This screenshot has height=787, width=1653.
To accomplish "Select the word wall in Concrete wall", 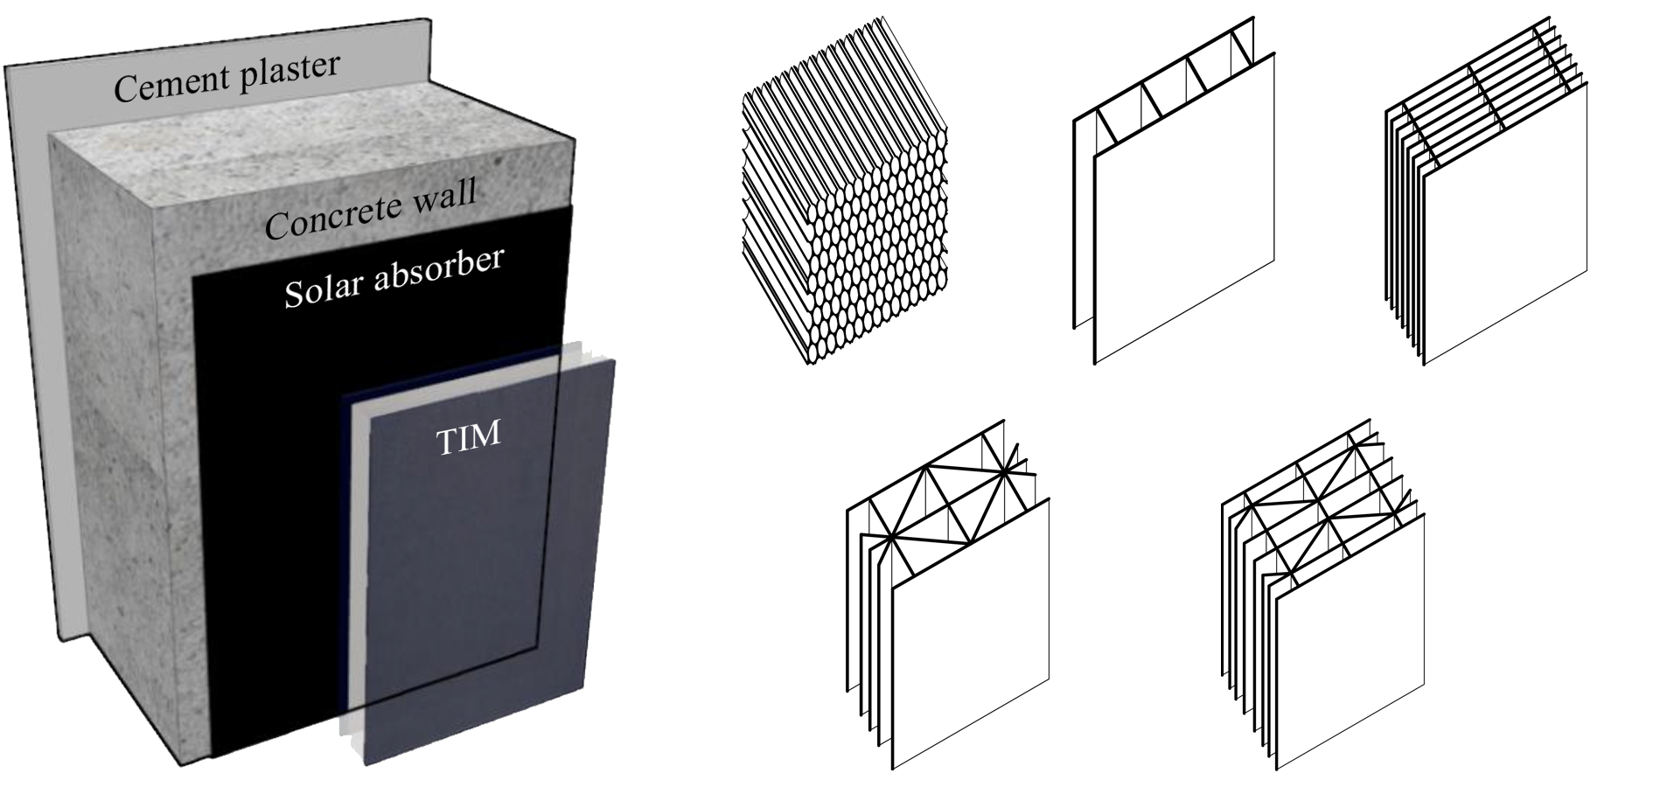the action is pos(442,193).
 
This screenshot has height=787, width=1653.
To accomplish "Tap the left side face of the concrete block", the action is pos(131,437).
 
